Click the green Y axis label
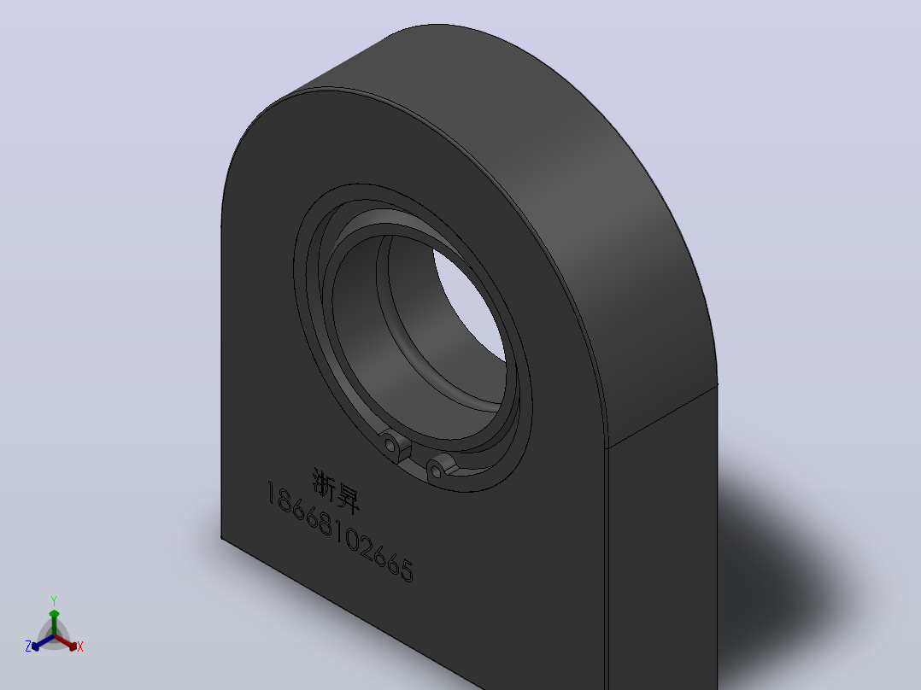pos(54,600)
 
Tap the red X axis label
pos(80,646)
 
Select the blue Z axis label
pos(27,646)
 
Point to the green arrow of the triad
pos(54,622)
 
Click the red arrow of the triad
pos(66,642)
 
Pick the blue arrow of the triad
pos(43,642)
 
